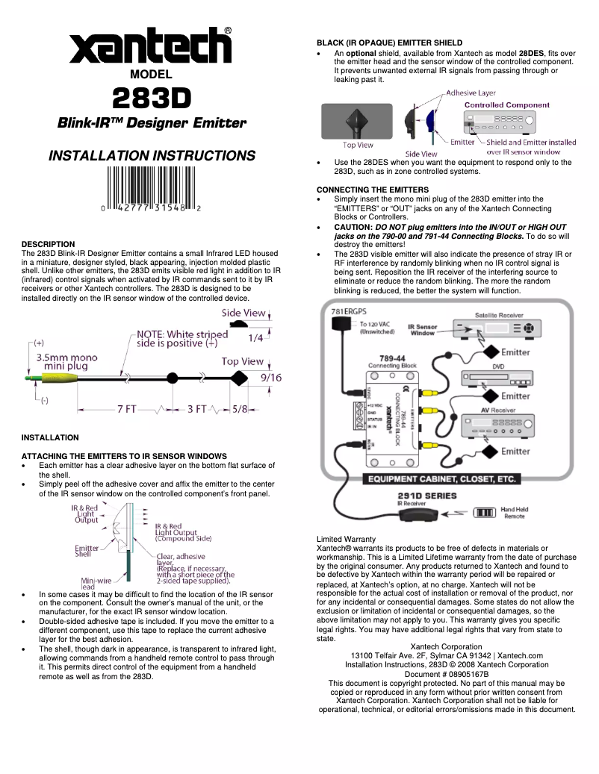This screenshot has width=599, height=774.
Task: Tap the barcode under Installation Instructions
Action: (x=151, y=187)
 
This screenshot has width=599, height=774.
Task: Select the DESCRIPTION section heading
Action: (x=48, y=244)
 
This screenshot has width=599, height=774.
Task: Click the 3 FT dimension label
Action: (x=199, y=409)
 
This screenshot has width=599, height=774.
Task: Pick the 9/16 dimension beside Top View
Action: (x=270, y=378)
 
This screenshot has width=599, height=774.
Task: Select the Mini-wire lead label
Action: (x=97, y=582)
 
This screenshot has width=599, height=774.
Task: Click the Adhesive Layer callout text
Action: (x=471, y=93)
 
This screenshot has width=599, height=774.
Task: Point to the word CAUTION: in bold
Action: (x=354, y=227)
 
